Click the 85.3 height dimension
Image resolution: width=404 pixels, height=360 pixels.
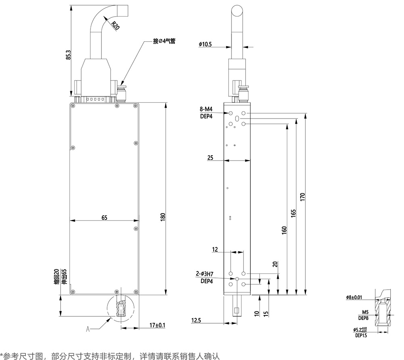(68, 55)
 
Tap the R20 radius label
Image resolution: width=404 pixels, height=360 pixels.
(116, 26)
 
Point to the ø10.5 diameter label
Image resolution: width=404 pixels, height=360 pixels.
(205, 44)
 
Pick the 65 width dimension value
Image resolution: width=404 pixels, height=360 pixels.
(104, 218)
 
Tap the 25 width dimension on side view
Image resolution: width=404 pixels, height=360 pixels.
(210, 158)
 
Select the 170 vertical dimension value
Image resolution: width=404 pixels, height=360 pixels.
(302, 197)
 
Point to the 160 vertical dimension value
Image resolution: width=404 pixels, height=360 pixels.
(284, 229)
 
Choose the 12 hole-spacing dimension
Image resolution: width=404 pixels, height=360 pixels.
(215, 250)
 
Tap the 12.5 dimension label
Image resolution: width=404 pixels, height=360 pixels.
(197, 320)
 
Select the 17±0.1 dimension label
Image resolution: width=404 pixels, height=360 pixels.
(157, 325)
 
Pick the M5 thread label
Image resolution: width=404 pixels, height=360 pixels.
(365, 312)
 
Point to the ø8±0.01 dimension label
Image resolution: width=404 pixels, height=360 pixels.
(354, 297)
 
